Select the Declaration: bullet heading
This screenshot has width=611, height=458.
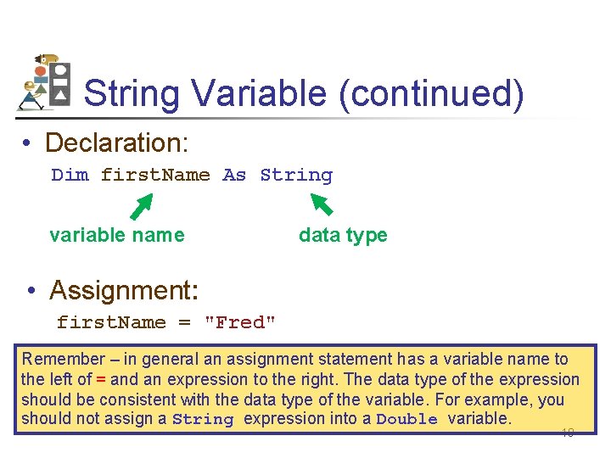117,142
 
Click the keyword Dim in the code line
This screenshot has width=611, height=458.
70,176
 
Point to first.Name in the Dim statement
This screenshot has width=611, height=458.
155,176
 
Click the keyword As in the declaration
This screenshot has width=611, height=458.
234,176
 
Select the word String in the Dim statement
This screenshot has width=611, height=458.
296,176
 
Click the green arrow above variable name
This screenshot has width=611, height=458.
141,206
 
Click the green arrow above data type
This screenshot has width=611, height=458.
322,204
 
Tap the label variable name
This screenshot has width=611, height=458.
117,235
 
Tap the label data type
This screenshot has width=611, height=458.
343,235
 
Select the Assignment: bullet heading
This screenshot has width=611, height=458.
124,290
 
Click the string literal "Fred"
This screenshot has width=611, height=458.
241,323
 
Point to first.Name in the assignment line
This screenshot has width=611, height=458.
111,323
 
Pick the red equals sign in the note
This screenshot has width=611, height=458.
101,380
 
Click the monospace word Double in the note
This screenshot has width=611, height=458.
406,420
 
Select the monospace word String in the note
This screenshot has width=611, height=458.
203,420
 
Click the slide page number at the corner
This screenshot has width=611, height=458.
568,433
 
